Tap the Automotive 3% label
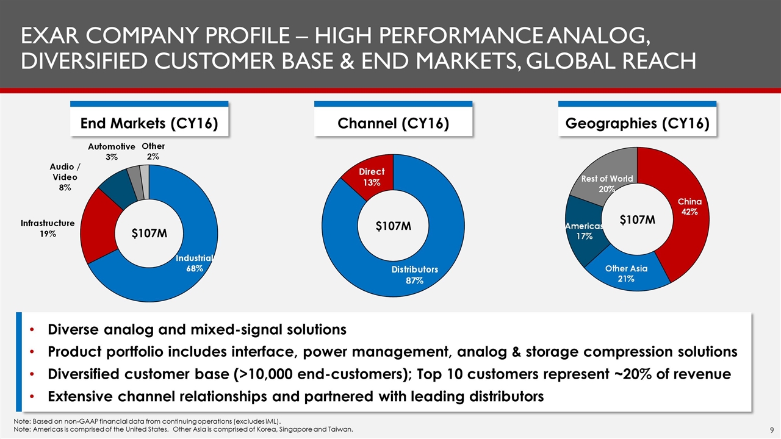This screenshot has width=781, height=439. pos(111,152)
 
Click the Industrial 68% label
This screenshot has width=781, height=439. pos(195,263)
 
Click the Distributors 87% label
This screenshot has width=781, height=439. pos(415,274)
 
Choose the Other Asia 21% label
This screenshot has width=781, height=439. pos(626,274)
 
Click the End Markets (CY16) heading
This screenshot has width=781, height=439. pos(149,124)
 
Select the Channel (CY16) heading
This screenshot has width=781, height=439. pos(394,124)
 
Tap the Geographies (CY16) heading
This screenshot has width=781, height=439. pos(637,124)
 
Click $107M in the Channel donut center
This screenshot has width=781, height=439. pos(393,226)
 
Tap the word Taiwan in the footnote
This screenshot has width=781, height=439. pos(339,429)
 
